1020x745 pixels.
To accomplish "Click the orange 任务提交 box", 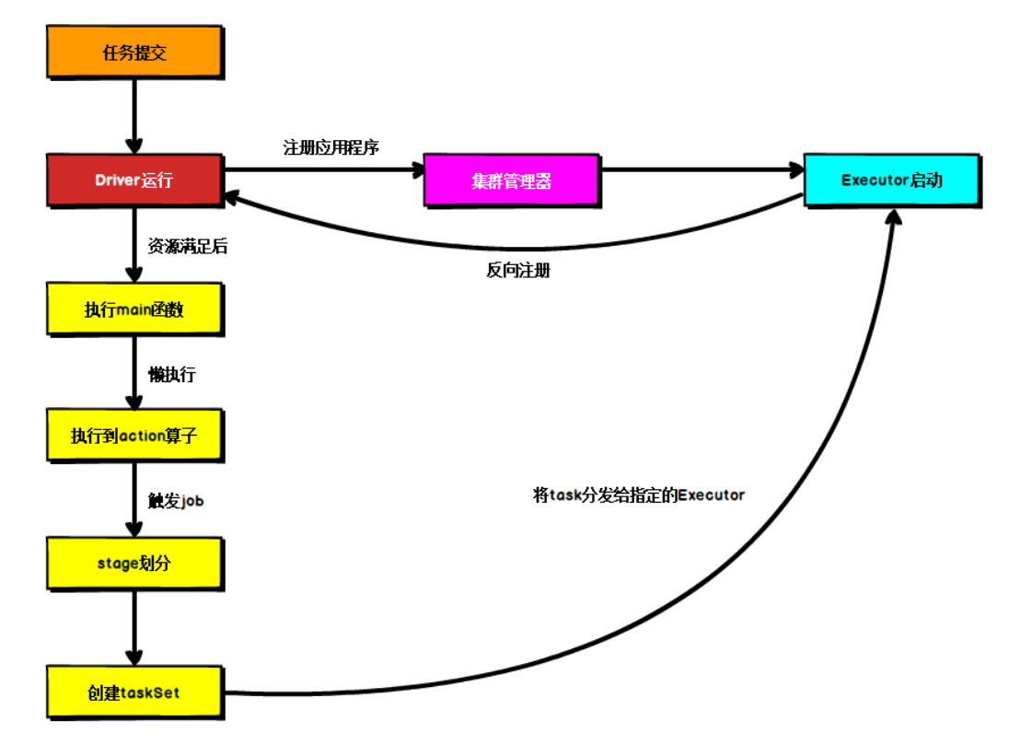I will pos(134,52).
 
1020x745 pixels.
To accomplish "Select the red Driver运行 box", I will pos(134,180).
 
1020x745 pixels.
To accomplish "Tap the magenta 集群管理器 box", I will pos(512,180).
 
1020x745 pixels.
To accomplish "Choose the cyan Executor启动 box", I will pos(891,180).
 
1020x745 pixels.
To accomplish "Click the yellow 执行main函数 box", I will pos(134,309).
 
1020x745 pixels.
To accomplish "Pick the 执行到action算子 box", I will pos(134,436).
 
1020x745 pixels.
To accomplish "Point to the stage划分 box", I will pos(134,563).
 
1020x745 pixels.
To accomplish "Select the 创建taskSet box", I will pos(134,693).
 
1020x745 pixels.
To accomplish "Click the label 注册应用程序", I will pos(331,147).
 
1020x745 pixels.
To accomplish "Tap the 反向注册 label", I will pos(518,271).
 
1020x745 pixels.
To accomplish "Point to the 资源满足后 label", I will pos(188,246).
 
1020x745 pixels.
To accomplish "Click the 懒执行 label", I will pos(172,375).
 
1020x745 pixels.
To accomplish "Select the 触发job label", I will pos(175,501).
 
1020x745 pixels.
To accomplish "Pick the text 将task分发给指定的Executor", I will pos(639,495).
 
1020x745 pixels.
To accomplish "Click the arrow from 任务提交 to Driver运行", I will pos(134,115).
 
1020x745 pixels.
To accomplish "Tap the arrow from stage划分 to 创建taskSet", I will pos(134,628).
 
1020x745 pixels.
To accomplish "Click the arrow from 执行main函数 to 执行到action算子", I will pos(134,372).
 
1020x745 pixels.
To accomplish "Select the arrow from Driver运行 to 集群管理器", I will pos(322,169).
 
